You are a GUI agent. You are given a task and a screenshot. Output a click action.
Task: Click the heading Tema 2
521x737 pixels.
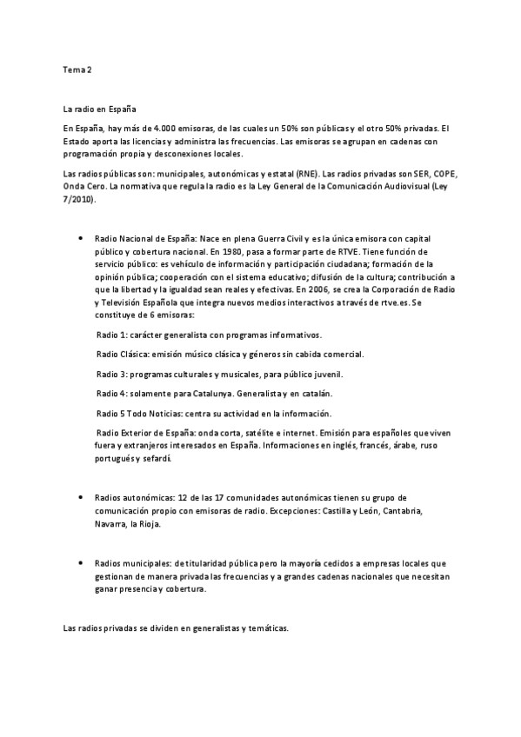[77, 69]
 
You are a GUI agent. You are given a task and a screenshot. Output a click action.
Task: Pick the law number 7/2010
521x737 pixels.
[78, 200]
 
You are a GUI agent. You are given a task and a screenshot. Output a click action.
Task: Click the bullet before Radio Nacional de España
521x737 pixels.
[80, 237]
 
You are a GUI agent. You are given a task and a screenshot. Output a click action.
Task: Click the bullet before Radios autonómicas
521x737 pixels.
[80, 497]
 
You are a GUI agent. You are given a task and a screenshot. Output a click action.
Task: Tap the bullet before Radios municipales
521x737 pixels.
[80, 562]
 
